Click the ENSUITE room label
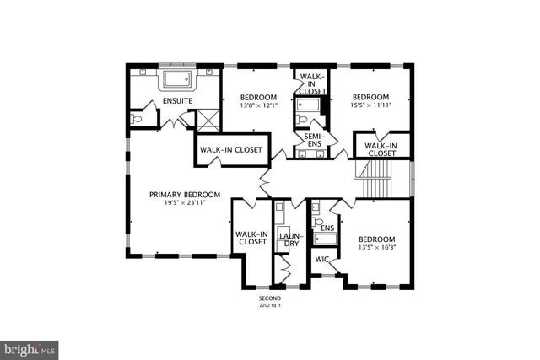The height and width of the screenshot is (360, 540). [x=177, y=102]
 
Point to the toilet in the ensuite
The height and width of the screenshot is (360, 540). [x=137, y=119]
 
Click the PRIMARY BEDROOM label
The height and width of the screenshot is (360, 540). [x=185, y=195]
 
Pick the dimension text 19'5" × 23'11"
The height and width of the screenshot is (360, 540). [x=185, y=202]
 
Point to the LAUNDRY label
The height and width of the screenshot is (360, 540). [x=290, y=239]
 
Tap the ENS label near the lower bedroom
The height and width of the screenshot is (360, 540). [x=327, y=228]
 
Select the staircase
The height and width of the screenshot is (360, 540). [x=381, y=179]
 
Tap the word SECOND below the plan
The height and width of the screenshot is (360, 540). [x=270, y=299]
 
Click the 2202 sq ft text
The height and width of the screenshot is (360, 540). [x=270, y=306]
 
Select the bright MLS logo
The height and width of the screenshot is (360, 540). [x=30, y=347]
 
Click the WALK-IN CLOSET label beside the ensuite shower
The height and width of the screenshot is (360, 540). [x=230, y=150]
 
